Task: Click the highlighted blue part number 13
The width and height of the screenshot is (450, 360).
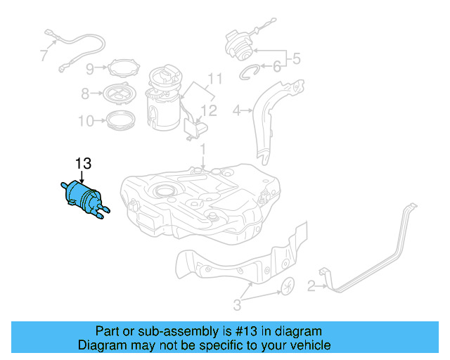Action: click(x=84, y=198)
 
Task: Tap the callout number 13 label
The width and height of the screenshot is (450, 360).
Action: click(x=83, y=164)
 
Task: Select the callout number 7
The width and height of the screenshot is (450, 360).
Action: click(x=44, y=54)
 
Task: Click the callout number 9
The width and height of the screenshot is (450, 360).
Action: click(x=90, y=68)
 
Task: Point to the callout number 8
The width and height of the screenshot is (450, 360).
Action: click(x=85, y=93)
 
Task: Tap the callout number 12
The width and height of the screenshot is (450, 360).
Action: click(x=210, y=110)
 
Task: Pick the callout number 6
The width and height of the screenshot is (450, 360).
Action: click(x=276, y=67)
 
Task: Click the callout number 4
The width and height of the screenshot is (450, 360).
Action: click(x=237, y=110)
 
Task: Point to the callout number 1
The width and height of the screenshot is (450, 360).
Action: click(x=202, y=150)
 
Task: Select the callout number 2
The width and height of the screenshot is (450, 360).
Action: click(x=310, y=285)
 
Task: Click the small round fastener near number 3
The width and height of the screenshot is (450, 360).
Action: click(x=288, y=287)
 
